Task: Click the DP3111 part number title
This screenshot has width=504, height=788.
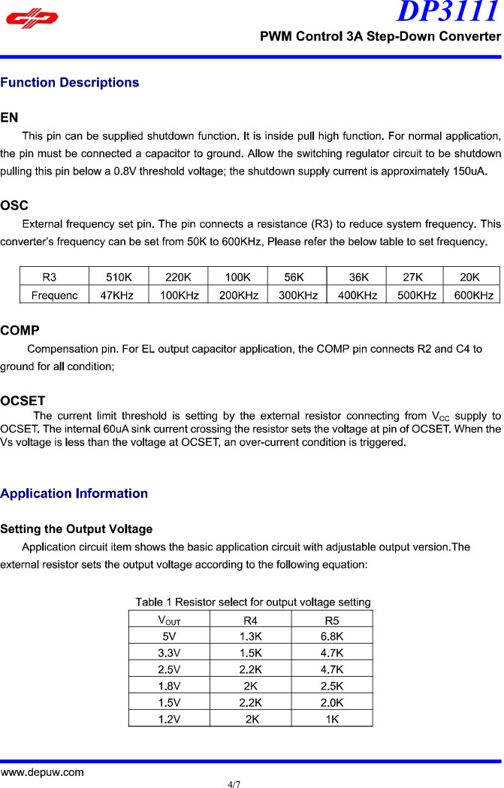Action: click(x=448, y=13)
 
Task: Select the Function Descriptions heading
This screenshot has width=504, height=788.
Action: click(x=70, y=83)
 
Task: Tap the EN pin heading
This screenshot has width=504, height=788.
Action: click(x=10, y=118)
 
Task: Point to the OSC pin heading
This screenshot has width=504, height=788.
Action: click(x=14, y=205)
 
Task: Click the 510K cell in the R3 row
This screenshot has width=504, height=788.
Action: click(x=117, y=277)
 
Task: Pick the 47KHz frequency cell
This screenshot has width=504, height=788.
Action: click(x=117, y=295)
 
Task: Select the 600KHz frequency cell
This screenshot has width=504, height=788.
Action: click(x=471, y=295)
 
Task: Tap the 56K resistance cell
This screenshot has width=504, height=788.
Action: click(x=294, y=277)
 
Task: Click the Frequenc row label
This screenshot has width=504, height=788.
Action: click(x=54, y=295)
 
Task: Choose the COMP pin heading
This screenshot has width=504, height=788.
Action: click(x=20, y=330)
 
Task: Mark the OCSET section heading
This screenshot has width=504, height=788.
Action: click(x=23, y=400)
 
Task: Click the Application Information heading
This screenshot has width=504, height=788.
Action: click(x=74, y=493)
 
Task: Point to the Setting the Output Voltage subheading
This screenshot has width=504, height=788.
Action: click(x=77, y=529)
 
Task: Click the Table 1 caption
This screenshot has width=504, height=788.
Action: click(x=252, y=602)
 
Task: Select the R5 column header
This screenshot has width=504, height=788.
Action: click(x=331, y=620)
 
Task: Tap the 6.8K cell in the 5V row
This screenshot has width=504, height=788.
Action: click(x=331, y=636)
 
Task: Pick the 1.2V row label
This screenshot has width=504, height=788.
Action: click(x=169, y=719)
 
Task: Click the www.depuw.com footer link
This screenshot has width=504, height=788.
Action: click(x=42, y=772)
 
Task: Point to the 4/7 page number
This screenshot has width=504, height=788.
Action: click(x=234, y=783)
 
